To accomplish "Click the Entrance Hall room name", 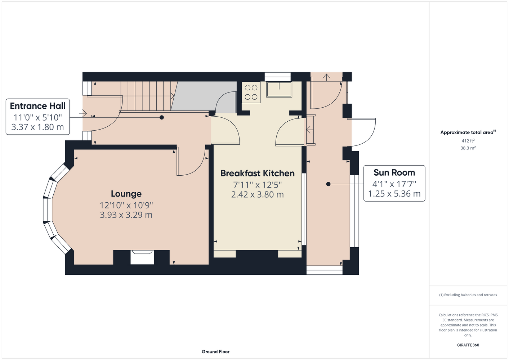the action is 38,106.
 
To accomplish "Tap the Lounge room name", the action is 126,194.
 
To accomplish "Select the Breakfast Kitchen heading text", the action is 258,173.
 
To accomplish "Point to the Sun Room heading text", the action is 394,172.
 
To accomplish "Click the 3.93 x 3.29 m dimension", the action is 126,215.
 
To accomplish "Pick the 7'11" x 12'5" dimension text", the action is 258,185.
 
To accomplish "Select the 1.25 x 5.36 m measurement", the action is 394,194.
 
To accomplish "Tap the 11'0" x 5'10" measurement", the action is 38,117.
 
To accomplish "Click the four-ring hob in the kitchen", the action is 251,92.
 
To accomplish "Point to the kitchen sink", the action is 279,90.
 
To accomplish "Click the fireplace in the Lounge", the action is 142,257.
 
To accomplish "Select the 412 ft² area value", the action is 468,141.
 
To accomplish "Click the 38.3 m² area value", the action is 468,148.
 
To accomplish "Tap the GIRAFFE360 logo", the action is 468,345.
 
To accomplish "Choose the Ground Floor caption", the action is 215,352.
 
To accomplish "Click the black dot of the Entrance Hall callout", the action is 162,117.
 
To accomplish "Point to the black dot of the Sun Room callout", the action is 328,184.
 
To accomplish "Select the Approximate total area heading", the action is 468,132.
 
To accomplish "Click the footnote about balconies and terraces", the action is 468,295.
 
